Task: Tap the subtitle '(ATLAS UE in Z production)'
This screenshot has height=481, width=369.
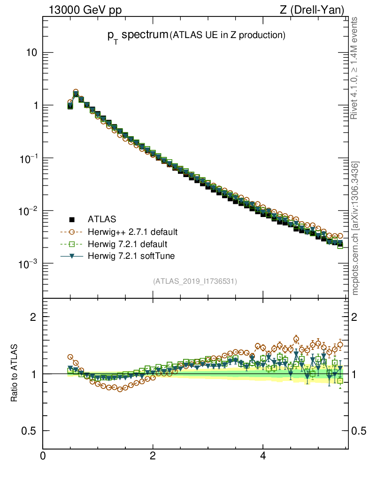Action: click(x=228, y=35)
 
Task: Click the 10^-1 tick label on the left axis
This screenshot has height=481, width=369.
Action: click(x=28, y=158)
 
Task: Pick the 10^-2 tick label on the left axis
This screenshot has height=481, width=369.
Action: click(x=28, y=211)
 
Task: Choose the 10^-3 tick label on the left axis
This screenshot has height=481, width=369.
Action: click(x=28, y=264)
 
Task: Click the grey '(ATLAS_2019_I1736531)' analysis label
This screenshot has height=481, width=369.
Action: click(x=194, y=281)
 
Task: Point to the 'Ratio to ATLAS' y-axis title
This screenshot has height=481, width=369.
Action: click(x=14, y=373)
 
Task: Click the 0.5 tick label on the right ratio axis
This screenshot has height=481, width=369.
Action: click(x=359, y=431)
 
